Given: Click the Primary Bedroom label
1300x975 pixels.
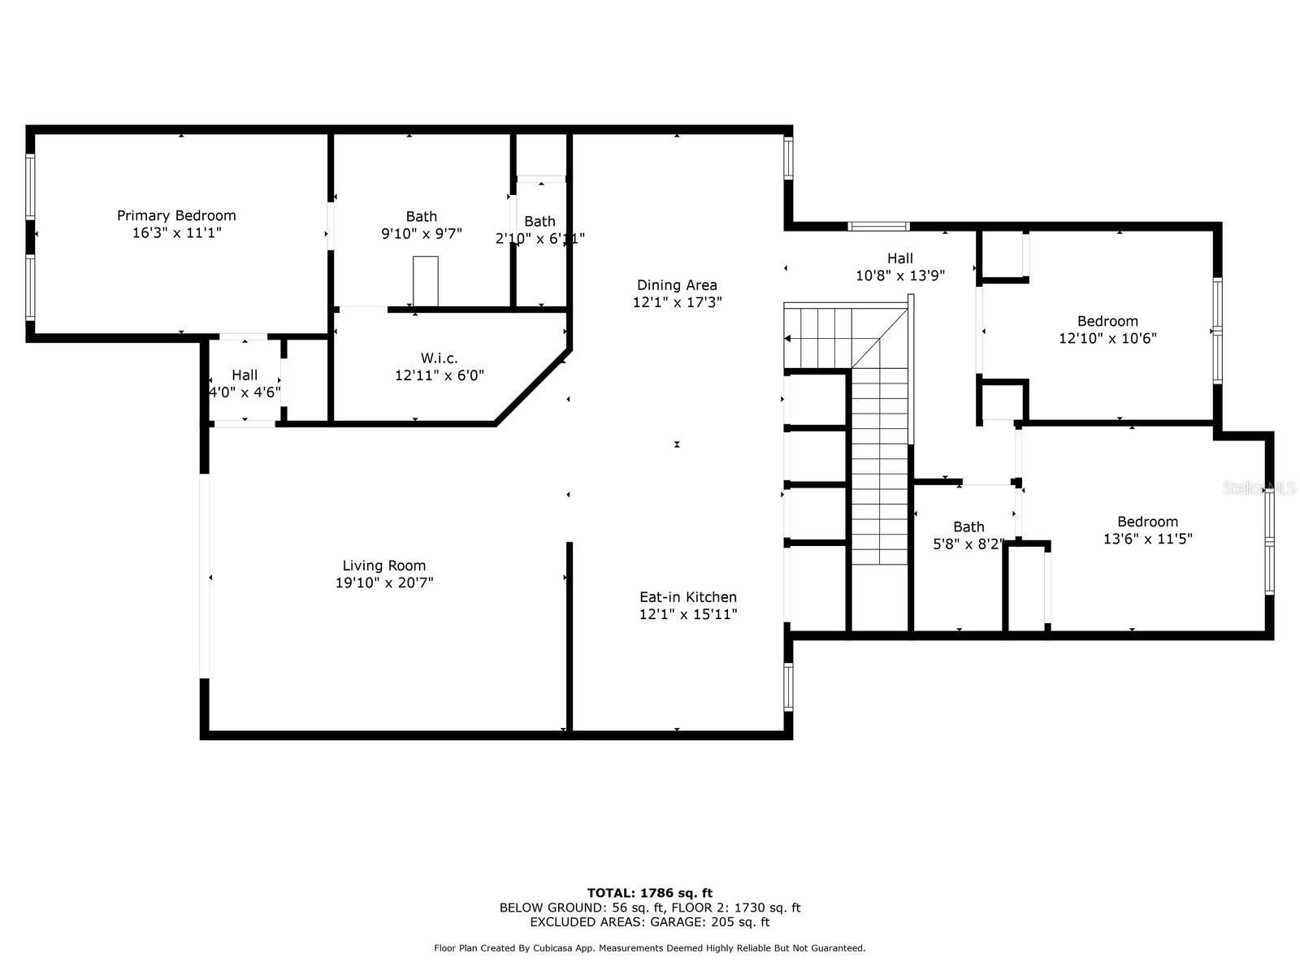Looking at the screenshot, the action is click(x=176, y=215).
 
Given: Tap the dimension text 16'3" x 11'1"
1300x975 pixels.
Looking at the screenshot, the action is click(x=176, y=232).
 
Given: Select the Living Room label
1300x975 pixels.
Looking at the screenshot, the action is click(x=383, y=565).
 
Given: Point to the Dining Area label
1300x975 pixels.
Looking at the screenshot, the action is click(x=677, y=284).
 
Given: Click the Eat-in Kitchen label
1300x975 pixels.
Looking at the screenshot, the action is click(x=688, y=596).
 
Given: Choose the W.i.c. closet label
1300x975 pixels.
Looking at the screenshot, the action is click(x=440, y=358).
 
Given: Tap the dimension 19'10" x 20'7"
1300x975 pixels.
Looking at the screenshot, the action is click(x=384, y=583).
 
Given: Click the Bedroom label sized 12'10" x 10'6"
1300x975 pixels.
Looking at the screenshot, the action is click(x=1107, y=322).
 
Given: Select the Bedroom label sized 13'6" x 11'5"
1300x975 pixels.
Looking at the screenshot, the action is click(x=1148, y=522).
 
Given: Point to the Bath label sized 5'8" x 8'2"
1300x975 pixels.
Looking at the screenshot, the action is click(x=969, y=526).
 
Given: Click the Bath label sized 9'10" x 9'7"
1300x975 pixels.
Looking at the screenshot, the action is click(x=422, y=217).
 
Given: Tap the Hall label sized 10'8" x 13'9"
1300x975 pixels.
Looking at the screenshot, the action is click(x=900, y=258).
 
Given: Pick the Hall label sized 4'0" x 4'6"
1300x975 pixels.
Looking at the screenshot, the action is click(x=245, y=375).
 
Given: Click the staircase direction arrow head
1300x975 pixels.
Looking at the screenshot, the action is click(x=787, y=339).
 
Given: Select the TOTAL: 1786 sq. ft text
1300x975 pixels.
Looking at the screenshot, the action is click(x=650, y=893).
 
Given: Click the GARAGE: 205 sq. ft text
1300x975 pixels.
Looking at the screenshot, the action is click(x=710, y=921).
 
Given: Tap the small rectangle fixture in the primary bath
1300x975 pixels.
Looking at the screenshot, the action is click(x=426, y=281).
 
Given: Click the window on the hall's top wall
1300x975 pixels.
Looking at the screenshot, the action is click(x=878, y=226).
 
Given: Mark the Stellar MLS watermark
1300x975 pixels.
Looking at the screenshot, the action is click(x=1259, y=488).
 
